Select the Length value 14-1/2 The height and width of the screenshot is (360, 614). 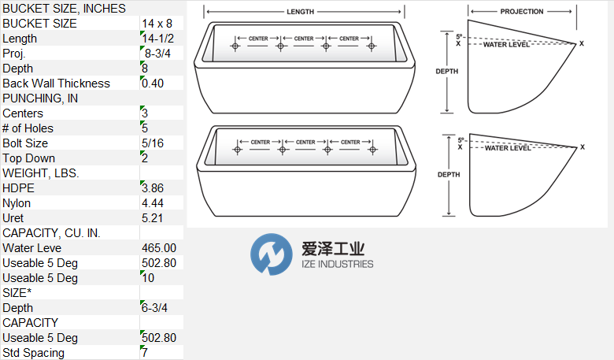tap(158, 39)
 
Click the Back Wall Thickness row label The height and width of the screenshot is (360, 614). tap(57, 84)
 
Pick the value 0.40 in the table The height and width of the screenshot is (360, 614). tap(153, 84)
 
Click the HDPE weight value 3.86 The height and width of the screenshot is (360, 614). tap(153, 188)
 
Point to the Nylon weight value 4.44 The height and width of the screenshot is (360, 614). tap(153, 203)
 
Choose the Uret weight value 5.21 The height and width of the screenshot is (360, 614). tap(153, 218)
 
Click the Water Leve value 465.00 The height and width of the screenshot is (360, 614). tap(158, 248)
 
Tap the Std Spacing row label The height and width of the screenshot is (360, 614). tap(34, 353)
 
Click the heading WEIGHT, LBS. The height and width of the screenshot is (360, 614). tap(41, 173)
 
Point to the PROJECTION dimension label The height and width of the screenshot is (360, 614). tap(522, 13)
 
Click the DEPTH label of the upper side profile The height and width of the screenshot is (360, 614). tap(446, 72)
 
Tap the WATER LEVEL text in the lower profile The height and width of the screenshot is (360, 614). tap(508, 148)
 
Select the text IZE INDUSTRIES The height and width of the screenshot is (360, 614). tap(338, 265)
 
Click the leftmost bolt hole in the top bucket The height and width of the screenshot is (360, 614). tap(235, 46)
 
